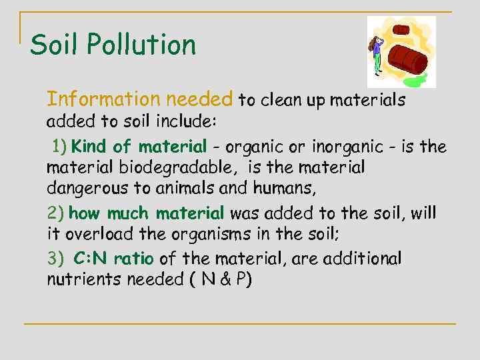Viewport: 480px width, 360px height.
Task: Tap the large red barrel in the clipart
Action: [x=407, y=60]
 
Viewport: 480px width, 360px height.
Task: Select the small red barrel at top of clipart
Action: [x=401, y=30]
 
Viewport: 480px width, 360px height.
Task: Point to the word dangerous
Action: [x=83, y=189]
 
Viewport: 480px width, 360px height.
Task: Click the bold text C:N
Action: [x=91, y=258]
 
